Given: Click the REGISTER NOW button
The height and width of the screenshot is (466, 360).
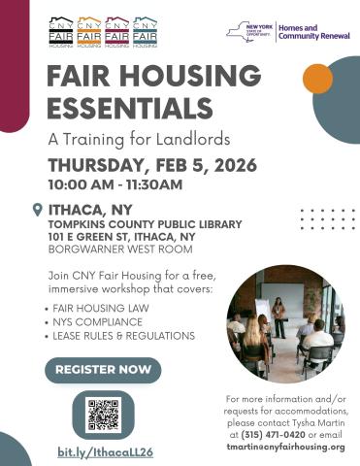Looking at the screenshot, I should point(103,369).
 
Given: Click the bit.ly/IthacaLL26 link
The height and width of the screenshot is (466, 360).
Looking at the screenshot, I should point(105,452).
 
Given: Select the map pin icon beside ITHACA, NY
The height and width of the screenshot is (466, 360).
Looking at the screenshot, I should point(37,209).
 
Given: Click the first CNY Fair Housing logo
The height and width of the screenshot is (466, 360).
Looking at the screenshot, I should point(60,31).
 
